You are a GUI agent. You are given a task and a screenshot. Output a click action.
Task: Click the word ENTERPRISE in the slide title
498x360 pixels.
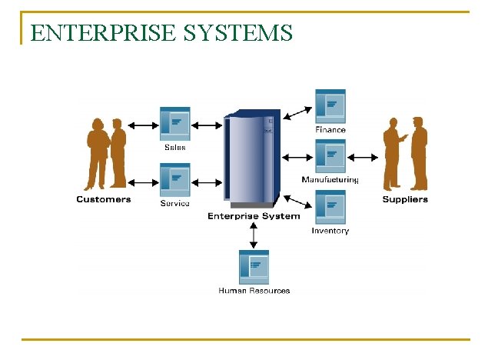[x=93, y=33]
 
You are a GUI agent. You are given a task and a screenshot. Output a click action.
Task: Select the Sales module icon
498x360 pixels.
[x=174, y=124]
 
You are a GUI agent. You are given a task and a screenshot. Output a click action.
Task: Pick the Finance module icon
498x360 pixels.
[x=330, y=106]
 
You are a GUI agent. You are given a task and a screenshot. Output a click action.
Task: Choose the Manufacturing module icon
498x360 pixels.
[x=330, y=157]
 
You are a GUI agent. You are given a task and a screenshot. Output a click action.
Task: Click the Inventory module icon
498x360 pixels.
[x=330, y=208]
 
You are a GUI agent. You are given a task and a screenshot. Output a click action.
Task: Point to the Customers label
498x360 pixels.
[x=104, y=200]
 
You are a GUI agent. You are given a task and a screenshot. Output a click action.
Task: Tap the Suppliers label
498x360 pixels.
[x=405, y=200]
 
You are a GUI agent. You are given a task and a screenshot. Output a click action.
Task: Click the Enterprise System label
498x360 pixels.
[x=254, y=216]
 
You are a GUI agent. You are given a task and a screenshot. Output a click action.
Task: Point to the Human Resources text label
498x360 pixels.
[x=254, y=291]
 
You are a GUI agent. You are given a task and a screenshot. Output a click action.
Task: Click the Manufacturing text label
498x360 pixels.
[x=330, y=180]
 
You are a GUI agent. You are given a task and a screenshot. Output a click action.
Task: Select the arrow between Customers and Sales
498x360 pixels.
[x=144, y=125]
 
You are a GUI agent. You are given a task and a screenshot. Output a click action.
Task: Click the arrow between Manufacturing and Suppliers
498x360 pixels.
[x=364, y=157]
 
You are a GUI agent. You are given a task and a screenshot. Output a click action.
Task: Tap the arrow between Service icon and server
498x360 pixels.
[x=207, y=182]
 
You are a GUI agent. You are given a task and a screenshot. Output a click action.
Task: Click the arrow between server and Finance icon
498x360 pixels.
[x=298, y=113]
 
